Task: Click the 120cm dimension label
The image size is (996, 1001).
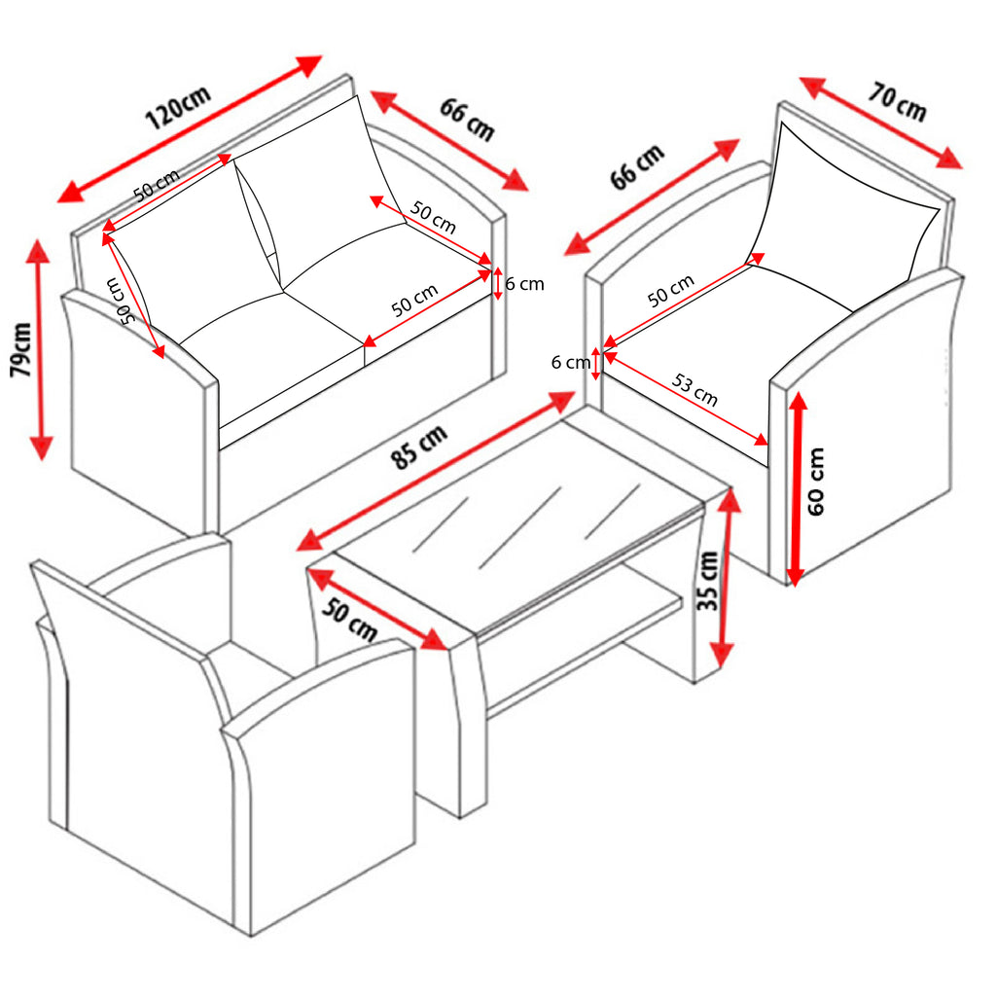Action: point(177,107)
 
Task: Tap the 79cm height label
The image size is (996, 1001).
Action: point(20,350)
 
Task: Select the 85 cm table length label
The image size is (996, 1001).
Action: point(419,447)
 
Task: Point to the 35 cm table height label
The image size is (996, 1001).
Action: point(707,581)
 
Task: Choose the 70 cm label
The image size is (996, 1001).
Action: point(897,103)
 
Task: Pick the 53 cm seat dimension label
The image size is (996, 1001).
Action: point(694,390)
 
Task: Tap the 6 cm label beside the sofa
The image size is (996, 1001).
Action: point(524,283)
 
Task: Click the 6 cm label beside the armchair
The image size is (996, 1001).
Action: point(570,363)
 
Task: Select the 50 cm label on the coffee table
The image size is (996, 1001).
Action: point(349,620)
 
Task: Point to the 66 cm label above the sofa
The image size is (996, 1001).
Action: point(467,120)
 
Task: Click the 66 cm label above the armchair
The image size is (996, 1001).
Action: point(637,167)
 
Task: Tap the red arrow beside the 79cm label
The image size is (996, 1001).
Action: point(40,350)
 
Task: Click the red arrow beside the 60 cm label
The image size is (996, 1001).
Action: point(797,488)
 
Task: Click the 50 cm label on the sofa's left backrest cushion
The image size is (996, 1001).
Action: point(157,185)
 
